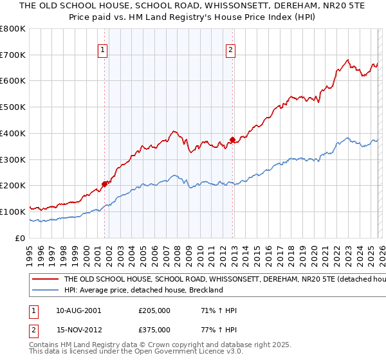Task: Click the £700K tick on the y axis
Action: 13,55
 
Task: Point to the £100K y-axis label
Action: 13,212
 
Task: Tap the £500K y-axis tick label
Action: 13,107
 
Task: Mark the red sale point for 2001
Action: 104,184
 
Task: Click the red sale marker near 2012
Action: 232,139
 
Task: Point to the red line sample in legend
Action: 44,280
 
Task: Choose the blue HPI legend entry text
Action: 143,290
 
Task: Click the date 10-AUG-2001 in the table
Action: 78,310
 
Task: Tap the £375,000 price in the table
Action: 154,330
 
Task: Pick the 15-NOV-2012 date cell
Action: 78,330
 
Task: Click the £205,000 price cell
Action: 154,310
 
